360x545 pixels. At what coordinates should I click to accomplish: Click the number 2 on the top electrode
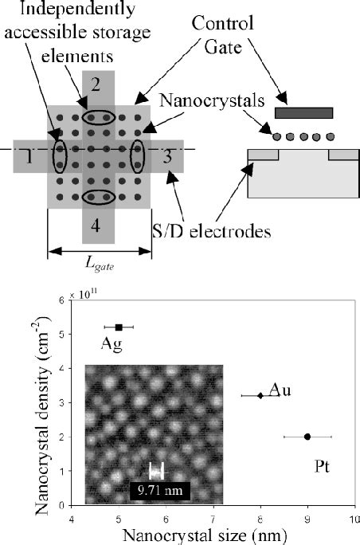pyautogui.click(x=95, y=83)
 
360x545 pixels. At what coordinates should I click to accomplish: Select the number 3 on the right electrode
pyautogui.click(x=166, y=156)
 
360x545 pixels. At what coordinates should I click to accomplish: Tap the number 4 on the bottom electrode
pyautogui.click(x=96, y=226)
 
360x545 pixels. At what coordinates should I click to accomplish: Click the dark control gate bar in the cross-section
pyautogui.click(x=303, y=113)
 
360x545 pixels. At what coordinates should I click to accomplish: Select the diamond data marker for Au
pyautogui.click(x=260, y=395)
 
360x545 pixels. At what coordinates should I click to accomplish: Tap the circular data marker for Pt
pyautogui.click(x=307, y=437)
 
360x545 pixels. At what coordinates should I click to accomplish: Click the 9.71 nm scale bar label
pyautogui.click(x=158, y=490)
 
